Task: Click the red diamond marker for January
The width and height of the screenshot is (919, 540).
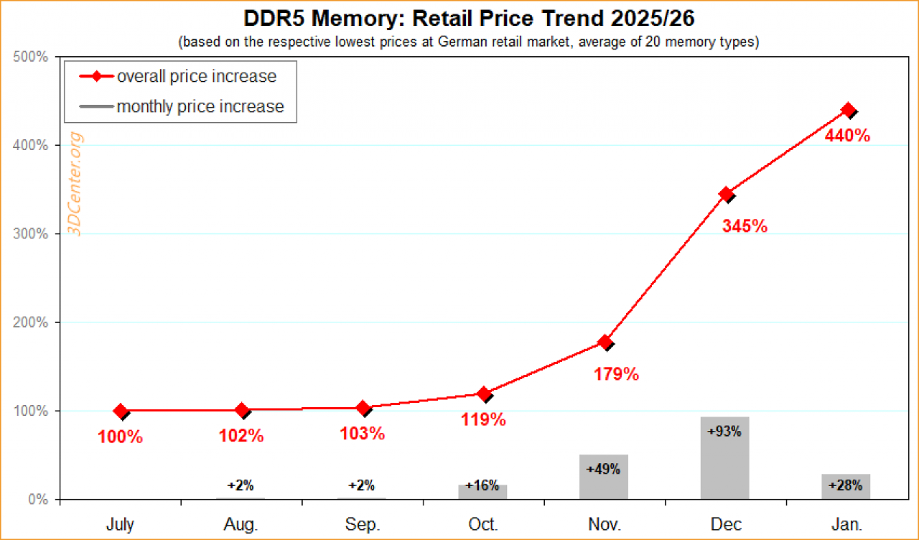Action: (x=848, y=110)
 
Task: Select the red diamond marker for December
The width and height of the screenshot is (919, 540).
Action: (x=726, y=194)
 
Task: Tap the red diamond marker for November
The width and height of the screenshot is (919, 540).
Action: (x=605, y=342)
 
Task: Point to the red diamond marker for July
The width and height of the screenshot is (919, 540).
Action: (x=121, y=411)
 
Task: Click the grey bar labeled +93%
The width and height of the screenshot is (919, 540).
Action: (x=725, y=458)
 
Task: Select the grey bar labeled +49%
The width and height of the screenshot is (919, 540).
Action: (x=604, y=477)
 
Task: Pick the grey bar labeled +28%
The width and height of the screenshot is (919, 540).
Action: (x=846, y=487)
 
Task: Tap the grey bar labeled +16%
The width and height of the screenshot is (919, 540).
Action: (x=482, y=492)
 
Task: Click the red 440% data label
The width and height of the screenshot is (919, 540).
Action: (x=847, y=136)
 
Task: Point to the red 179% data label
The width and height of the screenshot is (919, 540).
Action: (x=616, y=374)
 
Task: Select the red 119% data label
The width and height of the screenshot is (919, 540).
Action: (x=483, y=419)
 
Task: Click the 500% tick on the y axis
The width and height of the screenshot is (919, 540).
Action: (x=30, y=57)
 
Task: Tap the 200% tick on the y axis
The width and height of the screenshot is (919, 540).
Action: (x=30, y=322)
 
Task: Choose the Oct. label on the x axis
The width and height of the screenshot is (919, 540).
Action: (x=483, y=524)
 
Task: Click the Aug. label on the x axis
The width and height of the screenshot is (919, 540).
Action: (x=241, y=524)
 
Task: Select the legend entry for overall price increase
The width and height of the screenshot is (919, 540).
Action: (x=178, y=76)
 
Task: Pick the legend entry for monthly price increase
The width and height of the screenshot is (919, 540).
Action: (x=182, y=107)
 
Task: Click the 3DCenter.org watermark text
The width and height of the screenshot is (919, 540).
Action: (x=75, y=184)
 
